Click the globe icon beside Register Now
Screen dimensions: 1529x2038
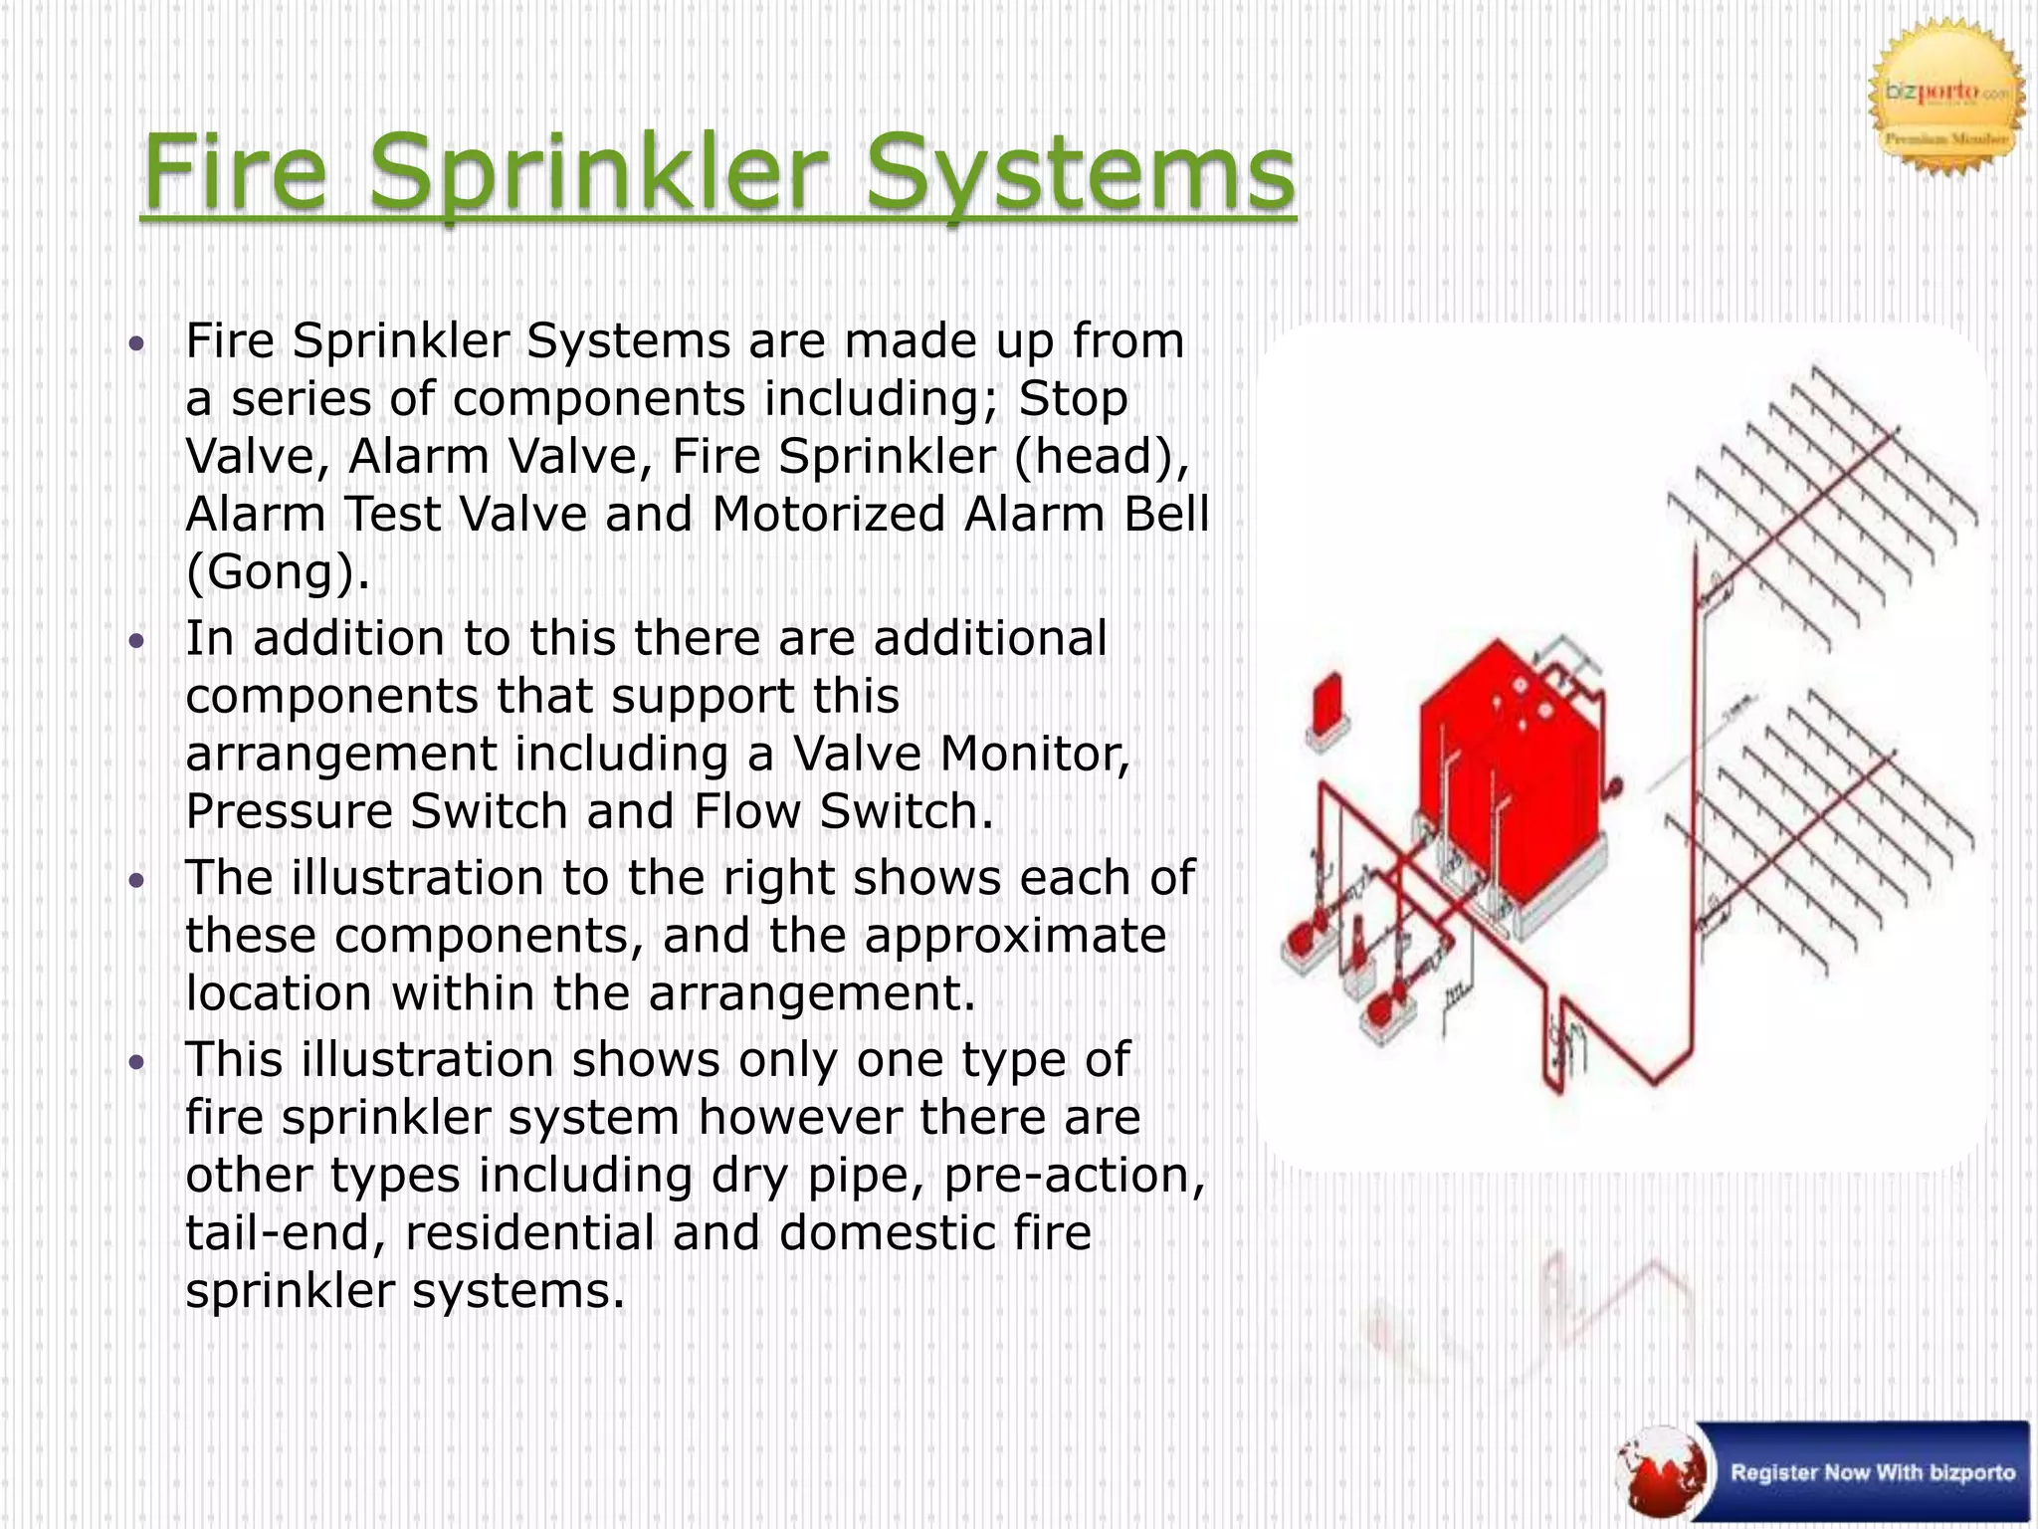1663,1471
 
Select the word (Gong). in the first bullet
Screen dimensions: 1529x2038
278,572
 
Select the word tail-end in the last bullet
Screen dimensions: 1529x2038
287,1233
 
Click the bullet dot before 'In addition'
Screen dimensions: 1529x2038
137,639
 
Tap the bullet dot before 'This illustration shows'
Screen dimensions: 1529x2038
137,1061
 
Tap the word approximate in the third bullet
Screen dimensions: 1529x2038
1014,936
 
